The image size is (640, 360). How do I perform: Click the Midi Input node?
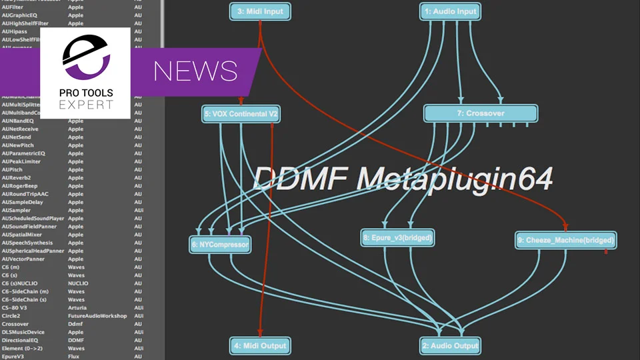coord(260,11)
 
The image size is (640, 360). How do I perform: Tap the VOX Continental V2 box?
coord(241,115)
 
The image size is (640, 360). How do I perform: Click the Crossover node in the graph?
coord(480,113)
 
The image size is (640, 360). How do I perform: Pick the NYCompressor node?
coord(220,245)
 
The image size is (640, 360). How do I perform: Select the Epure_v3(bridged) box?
coord(397,237)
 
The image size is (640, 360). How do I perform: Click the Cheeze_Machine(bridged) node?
coord(565,239)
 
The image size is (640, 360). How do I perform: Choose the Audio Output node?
coord(450,345)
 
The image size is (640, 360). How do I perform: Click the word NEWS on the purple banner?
coord(195,70)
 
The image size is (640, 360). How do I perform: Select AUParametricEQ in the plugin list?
coord(23,153)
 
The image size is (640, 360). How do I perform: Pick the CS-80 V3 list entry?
coord(14,307)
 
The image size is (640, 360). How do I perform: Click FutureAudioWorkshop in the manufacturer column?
coord(97,315)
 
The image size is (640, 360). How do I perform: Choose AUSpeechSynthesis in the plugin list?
coord(27,243)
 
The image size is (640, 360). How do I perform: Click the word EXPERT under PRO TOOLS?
coord(85,105)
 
